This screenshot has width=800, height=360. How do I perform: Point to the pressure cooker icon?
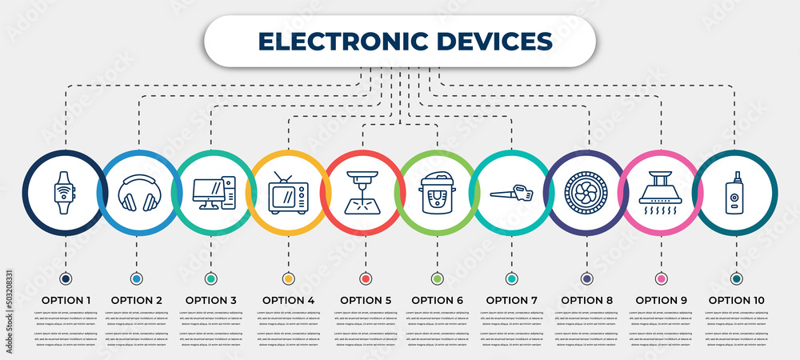pyautogui.click(x=436, y=193)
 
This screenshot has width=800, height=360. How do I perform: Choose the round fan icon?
pyautogui.click(x=586, y=193)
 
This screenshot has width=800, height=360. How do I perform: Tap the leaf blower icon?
pyautogui.click(x=512, y=192)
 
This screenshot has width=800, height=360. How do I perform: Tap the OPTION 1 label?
pyautogui.click(x=66, y=300)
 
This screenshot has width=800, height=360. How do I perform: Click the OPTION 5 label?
pyautogui.click(x=366, y=300)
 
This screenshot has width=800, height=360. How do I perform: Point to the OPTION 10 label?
pyautogui.click(x=736, y=300)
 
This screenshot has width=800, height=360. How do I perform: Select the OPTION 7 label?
pyautogui.click(x=512, y=300)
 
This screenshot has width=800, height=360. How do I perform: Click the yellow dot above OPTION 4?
pyautogui.click(x=288, y=278)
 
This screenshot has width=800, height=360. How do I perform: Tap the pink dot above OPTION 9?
pyautogui.click(x=661, y=278)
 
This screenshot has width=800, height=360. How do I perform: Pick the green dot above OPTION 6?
pyautogui.click(x=437, y=278)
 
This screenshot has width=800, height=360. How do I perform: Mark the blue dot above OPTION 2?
pyautogui.click(x=138, y=278)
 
